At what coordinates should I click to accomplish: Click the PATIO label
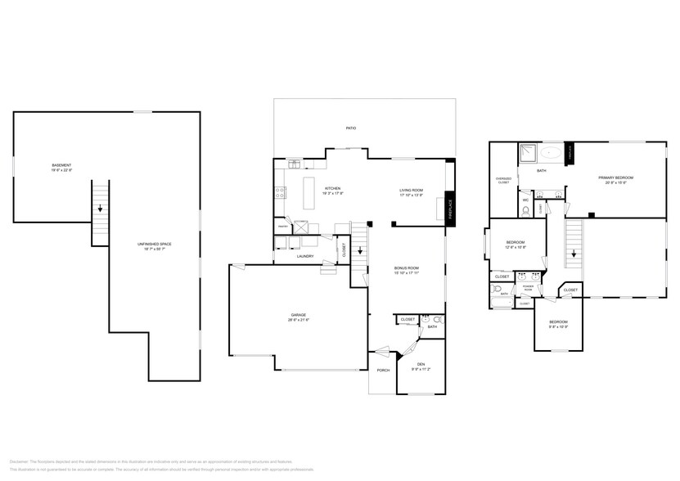pos(350,128)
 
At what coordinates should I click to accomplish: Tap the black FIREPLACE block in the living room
pos(449,207)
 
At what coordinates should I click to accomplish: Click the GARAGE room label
pos(299,315)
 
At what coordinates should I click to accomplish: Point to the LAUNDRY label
pos(306,257)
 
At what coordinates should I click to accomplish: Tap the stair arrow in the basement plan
pos(99,208)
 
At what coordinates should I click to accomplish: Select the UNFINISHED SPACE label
pos(154,245)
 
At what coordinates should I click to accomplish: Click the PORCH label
pos(382,370)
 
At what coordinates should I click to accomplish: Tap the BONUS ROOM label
pos(407,268)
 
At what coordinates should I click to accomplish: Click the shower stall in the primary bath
pos(527,153)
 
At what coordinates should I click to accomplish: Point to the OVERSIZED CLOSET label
pos(503,180)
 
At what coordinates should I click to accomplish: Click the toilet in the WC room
pos(525,210)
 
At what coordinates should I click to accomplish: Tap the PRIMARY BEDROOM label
pos(615,178)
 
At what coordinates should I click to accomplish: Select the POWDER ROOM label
pos(528,289)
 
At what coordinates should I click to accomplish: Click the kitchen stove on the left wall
pos(280,193)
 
